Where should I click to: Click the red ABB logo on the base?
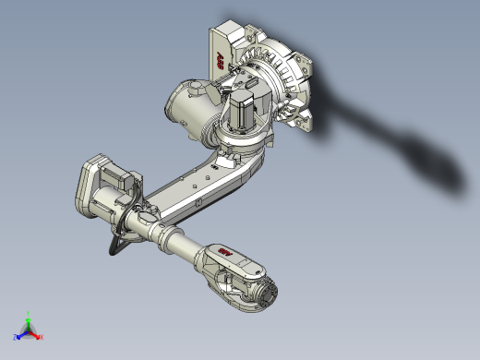[x=222, y=60]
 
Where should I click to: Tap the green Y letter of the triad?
[x=29, y=313]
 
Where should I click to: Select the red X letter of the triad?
[x=42, y=337]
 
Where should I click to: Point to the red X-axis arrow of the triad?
[x=36, y=334]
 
